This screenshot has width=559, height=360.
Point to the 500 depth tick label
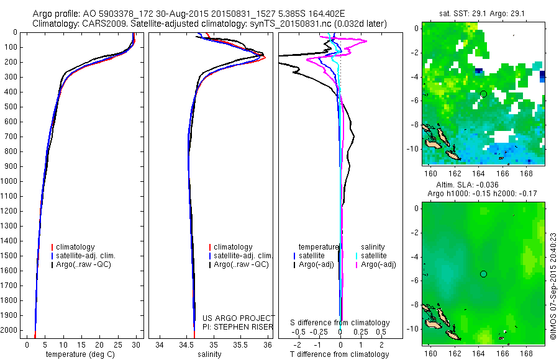click(11, 107)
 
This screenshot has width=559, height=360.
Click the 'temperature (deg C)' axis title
click(78, 354)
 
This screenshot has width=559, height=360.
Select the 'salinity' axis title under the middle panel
click(209, 354)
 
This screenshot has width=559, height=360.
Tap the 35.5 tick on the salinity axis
click(241, 344)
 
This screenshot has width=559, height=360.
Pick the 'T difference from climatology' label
click(340, 354)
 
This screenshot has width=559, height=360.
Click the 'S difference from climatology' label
click(340, 323)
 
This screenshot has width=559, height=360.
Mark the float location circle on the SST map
click(483, 94)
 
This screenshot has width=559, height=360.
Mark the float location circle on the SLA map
click(483, 274)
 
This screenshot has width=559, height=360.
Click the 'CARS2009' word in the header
click(101, 24)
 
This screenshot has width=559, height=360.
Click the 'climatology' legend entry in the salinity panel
click(232, 247)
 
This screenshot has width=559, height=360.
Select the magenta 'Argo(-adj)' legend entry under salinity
click(378, 264)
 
